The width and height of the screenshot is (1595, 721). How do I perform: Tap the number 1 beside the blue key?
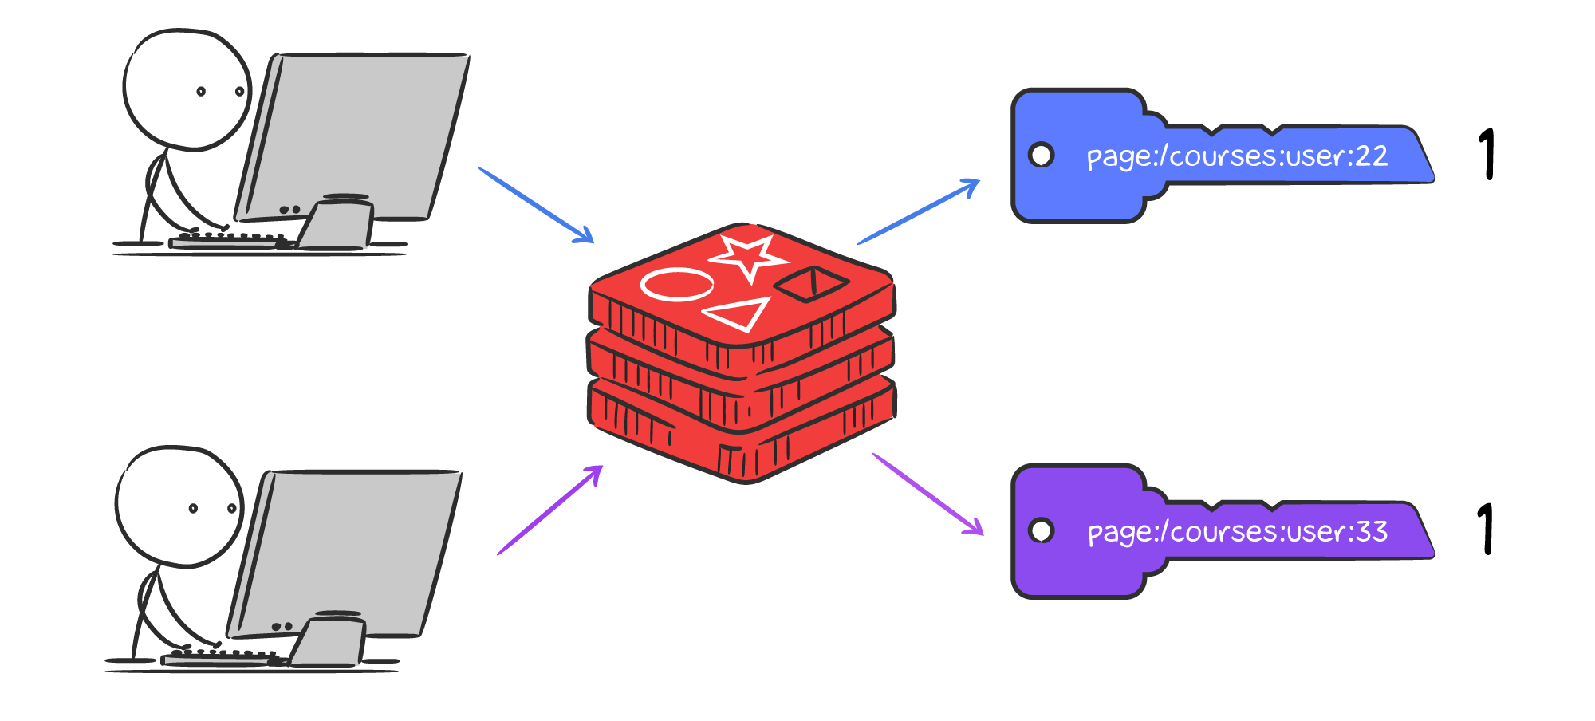tap(1487, 154)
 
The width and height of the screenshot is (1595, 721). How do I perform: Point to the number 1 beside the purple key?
tap(1486, 529)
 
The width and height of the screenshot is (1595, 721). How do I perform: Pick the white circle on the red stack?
tap(677, 285)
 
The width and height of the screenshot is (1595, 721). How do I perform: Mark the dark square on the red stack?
tap(811, 283)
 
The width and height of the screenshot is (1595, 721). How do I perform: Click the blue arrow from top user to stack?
tap(536, 205)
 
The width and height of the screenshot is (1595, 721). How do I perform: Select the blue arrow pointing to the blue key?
tap(918, 212)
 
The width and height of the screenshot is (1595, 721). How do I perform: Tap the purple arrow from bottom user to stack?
tap(550, 510)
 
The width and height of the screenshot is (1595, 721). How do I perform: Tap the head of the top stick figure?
tap(187, 90)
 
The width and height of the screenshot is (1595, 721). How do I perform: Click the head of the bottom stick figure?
tap(179, 506)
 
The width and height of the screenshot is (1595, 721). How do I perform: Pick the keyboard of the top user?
tap(227, 241)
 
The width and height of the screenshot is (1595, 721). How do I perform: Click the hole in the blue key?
tap(1042, 155)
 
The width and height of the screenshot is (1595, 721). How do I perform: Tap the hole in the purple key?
tap(1042, 530)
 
